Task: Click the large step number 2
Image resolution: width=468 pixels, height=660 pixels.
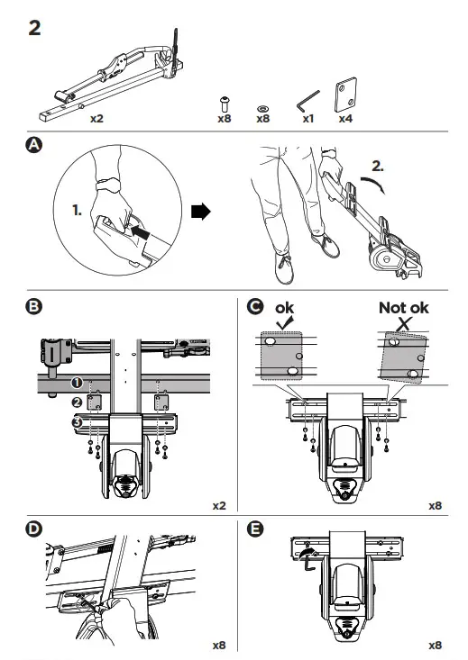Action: [x=34, y=28]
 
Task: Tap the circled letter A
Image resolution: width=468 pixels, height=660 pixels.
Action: [x=34, y=145]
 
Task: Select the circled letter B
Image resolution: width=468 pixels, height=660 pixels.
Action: [x=34, y=306]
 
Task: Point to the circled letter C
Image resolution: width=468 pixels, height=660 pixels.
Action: [x=254, y=306]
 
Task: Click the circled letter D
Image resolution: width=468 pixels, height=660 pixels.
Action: [x=34, y=529]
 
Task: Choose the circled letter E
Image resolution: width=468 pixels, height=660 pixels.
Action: [x=254, y=529]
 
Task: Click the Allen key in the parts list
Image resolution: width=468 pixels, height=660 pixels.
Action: [x=308, y=102]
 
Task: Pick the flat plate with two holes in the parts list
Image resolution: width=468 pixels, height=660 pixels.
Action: [x=345, y=95]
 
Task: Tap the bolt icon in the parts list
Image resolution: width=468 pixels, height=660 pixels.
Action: [x=225, y=104]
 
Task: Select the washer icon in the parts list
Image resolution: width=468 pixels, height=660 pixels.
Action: [x=263, y=109]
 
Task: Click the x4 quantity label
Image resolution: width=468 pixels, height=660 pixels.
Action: [x=345, y=119]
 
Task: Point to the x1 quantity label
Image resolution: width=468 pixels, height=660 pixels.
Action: [x=308, y=119]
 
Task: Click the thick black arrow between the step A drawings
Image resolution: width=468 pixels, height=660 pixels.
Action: [x=200, y=212]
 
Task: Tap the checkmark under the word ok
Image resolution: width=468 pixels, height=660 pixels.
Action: [x=285, y=323]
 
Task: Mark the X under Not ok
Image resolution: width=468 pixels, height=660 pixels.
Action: [x=404, y=323]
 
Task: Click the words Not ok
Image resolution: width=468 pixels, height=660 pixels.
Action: [x=403, y=308]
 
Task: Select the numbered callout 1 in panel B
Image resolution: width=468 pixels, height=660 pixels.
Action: [x=77, y=383]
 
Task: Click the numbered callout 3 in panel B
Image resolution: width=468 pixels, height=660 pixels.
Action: [x=77, y=421]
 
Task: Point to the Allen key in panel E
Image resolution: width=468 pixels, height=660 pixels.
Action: [x=308, y=563]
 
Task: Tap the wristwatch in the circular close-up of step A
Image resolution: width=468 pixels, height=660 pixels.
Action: [x=107, y=185]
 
